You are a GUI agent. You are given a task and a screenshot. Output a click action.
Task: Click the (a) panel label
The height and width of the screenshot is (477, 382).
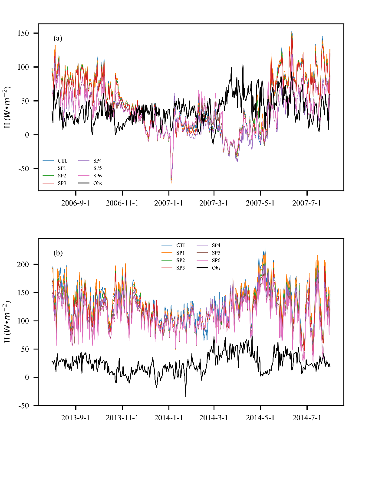(58, 38)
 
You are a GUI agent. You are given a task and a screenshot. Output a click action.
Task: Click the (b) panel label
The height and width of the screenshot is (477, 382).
(58, 252)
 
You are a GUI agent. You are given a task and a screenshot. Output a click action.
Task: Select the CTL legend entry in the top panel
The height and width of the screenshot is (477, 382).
(63, 161)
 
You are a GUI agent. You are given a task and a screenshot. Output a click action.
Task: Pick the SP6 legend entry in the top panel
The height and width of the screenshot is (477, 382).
(98, 176)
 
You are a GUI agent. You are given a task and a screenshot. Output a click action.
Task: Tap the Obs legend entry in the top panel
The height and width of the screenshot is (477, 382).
(98, 183)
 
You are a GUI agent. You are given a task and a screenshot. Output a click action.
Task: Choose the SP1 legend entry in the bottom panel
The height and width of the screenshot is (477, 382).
(181, 253)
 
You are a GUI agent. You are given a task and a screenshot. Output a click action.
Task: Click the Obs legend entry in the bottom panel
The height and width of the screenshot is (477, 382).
(216, 268)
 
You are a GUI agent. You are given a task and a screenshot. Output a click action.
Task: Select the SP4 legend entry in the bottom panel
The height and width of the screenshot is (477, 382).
(216, 245)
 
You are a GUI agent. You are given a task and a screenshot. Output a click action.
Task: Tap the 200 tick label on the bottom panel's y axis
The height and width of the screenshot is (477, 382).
(24, 265)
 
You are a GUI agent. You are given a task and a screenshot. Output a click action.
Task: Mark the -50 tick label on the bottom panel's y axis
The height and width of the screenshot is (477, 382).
(24, 405)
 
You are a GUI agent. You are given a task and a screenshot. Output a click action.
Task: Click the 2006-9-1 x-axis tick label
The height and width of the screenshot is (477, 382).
(76, 203)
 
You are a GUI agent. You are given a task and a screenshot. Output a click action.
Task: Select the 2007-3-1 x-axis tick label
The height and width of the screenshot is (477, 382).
(214, 203)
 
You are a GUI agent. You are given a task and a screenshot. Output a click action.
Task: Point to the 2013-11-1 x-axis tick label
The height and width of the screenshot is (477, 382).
(122, 418)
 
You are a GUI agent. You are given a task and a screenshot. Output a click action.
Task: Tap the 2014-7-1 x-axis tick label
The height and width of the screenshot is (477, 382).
(307, 418)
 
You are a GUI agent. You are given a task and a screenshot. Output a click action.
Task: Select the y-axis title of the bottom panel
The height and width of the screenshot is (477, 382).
(7, 322)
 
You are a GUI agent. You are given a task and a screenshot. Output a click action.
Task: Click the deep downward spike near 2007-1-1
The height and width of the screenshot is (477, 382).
(171, 182)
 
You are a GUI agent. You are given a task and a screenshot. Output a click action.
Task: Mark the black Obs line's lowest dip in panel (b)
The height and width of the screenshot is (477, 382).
(186, 396)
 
